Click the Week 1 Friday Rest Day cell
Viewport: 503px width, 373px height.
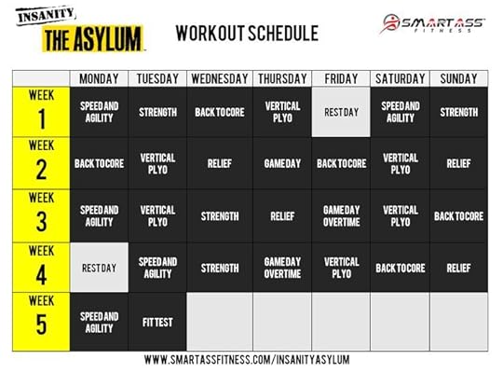click(341, 112)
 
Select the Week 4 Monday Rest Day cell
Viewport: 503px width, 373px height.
click(99, 268)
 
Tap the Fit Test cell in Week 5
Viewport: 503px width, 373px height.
click(157, 322)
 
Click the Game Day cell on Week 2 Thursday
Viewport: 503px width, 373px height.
click(282, 163)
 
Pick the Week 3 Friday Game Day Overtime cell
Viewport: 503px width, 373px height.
click(341, 216)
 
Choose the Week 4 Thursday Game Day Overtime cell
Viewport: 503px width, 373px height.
click(282, 268)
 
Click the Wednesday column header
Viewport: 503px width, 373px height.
click(220, 78)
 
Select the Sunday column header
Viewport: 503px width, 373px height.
click(458, 78)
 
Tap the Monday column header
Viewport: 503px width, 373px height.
click(99, 78)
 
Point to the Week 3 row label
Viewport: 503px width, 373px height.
click(41, 216)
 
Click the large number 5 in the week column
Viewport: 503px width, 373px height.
click(41, 325)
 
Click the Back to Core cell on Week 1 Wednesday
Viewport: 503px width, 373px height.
click(220, 112)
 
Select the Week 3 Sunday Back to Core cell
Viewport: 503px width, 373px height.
click(458, 216)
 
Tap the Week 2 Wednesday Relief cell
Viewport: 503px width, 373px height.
click(220, 163)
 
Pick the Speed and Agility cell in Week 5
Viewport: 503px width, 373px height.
click(99, 322)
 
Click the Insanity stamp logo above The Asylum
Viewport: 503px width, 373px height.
click(46, 15)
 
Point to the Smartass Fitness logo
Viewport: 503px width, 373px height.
click(432, 23)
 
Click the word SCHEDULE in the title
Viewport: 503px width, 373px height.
click(283, 33)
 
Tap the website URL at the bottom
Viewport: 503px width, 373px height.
click(247, 360)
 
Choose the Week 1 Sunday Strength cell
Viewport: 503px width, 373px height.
click(458, 112)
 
